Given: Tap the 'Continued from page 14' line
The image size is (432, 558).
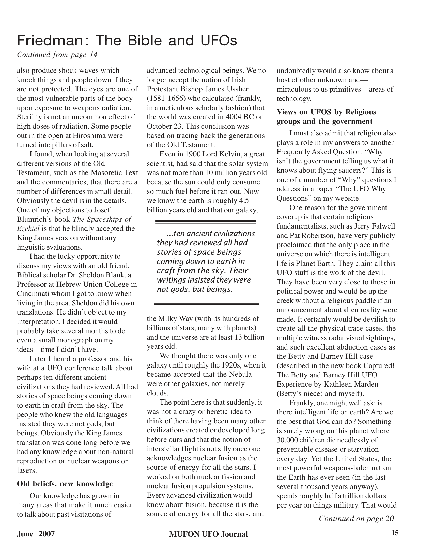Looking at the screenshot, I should click(x=57, y=55).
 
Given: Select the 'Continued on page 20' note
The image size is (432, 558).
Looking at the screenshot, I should click(x=356, y=518).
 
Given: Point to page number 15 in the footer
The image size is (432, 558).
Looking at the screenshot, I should click(x=395, y=533).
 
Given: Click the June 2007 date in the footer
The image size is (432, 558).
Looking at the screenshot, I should click(x=36, y=534).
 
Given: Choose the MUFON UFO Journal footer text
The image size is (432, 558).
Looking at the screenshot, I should click(x=208, y=534).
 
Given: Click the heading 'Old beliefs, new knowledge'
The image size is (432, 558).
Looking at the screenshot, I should click(x=65, y=484).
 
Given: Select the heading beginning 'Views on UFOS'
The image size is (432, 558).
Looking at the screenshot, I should click(x=326, y=116).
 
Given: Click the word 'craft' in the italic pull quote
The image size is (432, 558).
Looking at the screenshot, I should click(x=166, y=271).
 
